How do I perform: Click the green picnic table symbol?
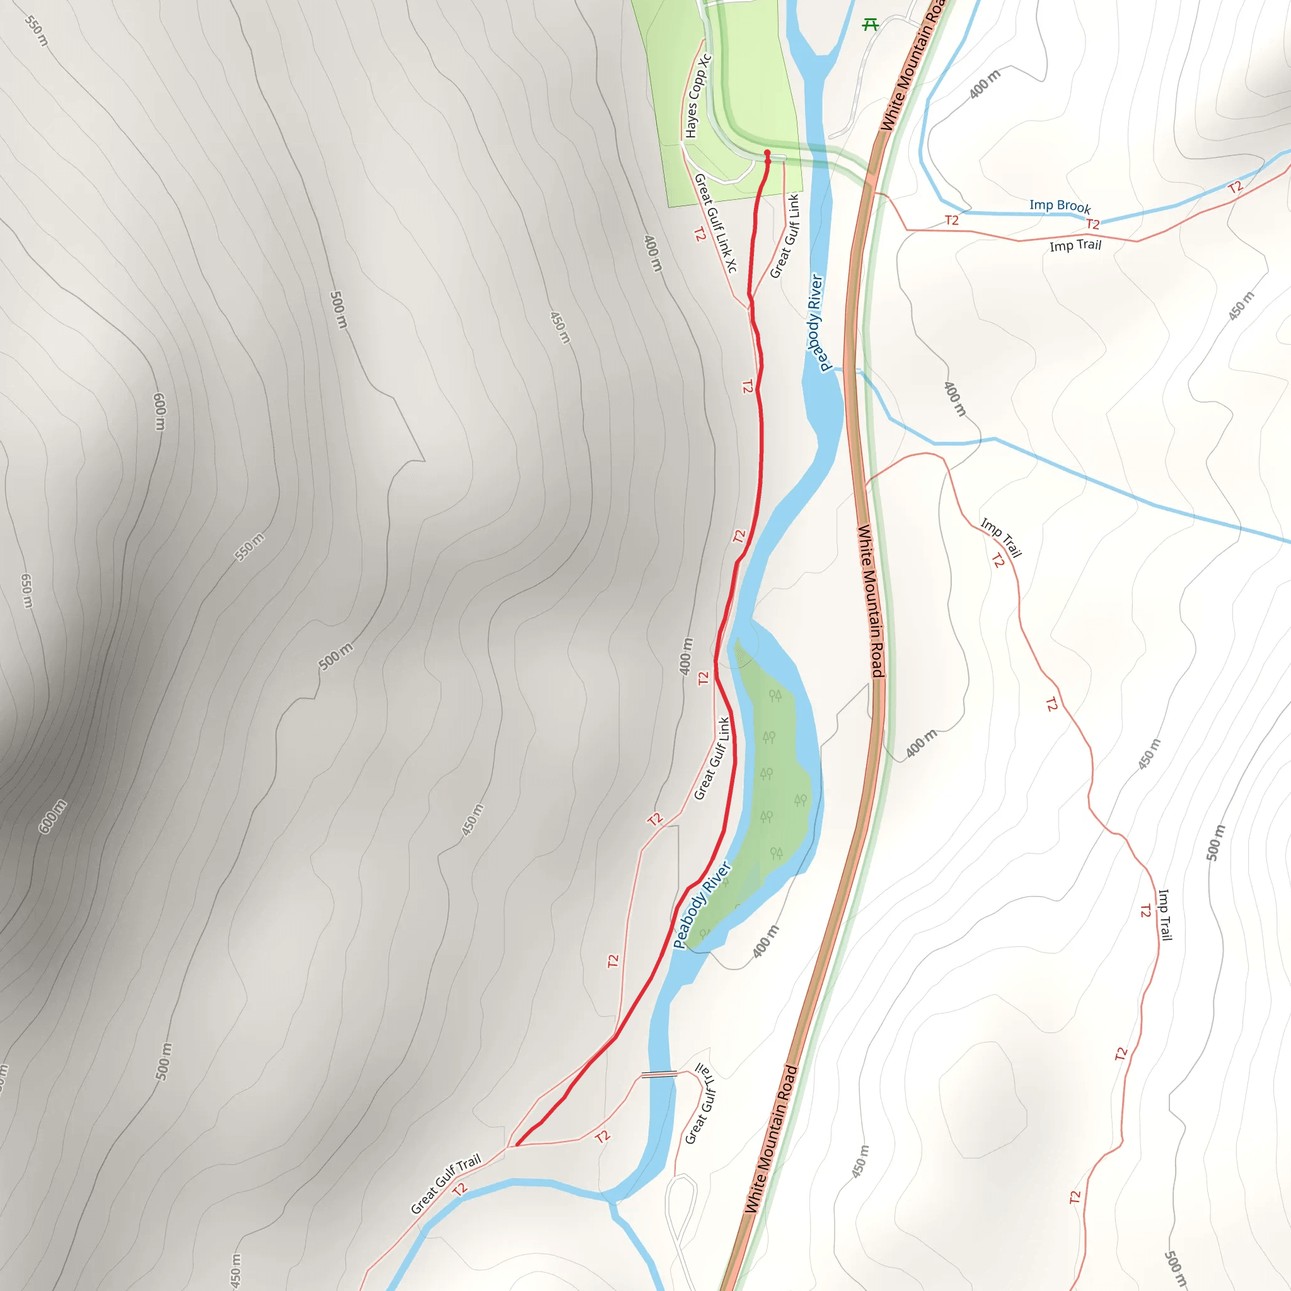click(870, 25)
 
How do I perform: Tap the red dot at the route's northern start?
click(767, 153)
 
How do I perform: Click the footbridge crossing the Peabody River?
click(659, 1075)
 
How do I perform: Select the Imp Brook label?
click(1060, 206)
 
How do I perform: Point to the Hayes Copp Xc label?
click(698, 96)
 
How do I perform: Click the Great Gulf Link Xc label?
click(715, 223)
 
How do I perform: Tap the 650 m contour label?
click(26, 591)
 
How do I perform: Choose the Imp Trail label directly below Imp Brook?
click(1075, 246)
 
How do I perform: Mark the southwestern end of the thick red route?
click(516, 1145)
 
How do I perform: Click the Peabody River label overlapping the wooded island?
click(702, 905)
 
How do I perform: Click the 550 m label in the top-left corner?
click(37, 31)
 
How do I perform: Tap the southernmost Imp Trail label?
click(1165, 914)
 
